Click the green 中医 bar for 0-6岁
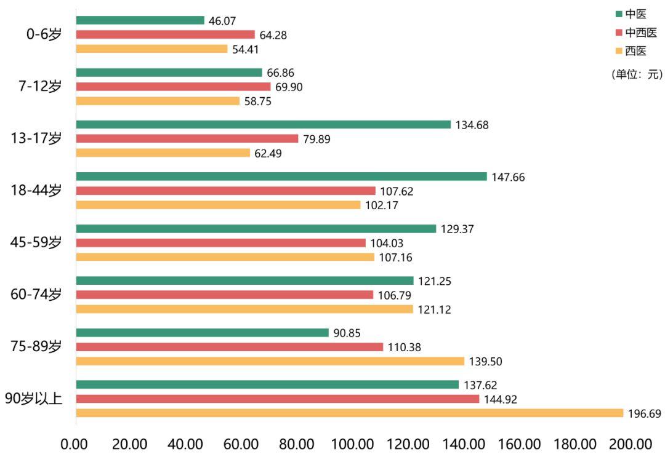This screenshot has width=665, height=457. (x=140, y=20)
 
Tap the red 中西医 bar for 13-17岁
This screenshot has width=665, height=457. (x=187, y=139)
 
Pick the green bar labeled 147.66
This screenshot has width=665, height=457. (x=281, y=177)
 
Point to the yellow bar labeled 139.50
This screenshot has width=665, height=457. (x=270, y=361)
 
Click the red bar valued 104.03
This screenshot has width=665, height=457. (x=221, y=243)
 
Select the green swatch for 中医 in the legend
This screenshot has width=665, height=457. (x=618, y=14)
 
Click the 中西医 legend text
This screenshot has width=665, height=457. (x=641, y=33)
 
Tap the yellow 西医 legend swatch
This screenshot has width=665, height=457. (x=618, y=51)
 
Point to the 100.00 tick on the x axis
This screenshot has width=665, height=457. (x=353, y=443)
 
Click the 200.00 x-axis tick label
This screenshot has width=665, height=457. (x=631, y=443)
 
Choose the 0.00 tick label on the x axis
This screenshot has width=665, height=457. (x=76, y=443)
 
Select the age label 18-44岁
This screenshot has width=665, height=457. (x=36, y=191)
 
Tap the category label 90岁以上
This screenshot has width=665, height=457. (x=33, y=399)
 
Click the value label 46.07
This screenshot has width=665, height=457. (x=222, y=21)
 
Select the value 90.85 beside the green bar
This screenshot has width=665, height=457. (x=347, y=333)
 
